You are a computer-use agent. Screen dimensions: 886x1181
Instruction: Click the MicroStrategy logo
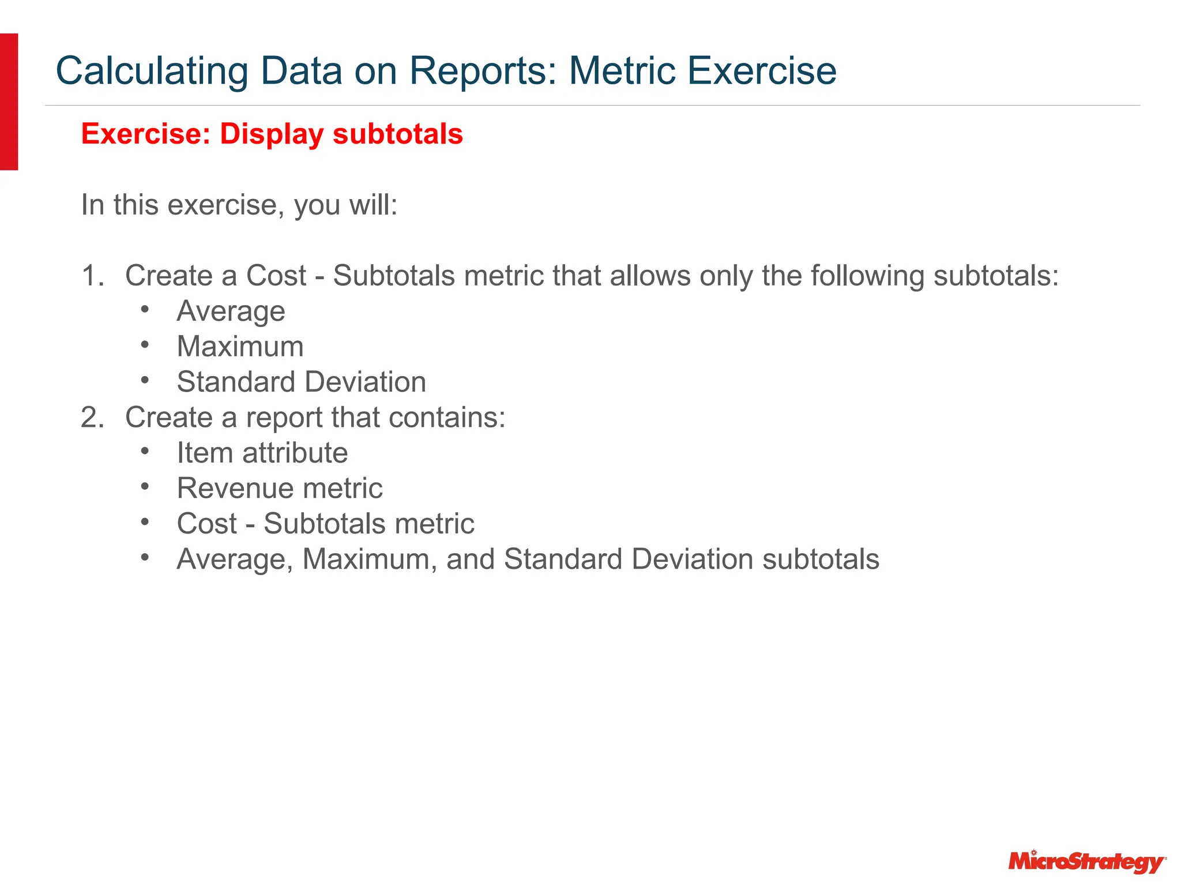point(1086,862)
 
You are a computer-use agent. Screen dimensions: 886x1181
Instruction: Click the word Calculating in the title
point(152,71)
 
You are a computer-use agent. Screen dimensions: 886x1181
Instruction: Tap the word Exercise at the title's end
point(761,71)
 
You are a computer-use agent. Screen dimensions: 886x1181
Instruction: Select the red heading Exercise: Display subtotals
point(272,134)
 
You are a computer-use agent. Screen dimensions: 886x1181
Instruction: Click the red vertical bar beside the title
point(9,102)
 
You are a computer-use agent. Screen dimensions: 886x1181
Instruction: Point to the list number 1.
point(92,276)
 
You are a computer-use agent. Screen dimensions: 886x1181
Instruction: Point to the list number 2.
point(92,418)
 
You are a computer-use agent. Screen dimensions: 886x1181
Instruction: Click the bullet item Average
point(231,311)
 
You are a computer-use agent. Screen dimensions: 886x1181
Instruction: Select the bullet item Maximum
point(240,347)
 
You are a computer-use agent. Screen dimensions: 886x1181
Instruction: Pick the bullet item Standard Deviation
point(301,382)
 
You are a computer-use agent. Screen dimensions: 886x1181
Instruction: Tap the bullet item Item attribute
point(262,453)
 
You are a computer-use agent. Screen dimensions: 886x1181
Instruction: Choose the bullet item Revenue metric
point(280,489)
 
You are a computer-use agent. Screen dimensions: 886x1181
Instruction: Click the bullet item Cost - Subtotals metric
point(325,524)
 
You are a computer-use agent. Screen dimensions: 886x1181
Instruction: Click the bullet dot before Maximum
point(145,346)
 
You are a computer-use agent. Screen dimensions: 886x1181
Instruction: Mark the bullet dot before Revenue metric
point(145,487)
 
